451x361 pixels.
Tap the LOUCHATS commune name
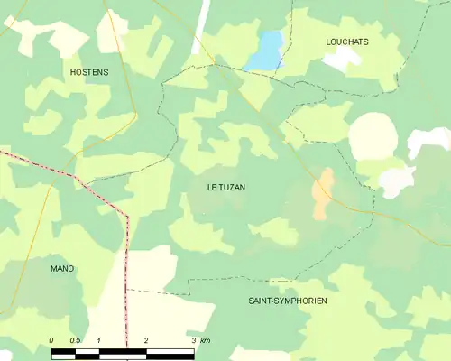(x=347, y=42)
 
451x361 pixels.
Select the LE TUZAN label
(x=225, y=188)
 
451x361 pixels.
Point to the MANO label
(x=62, y=269)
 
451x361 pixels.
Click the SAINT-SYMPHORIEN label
(x=287, y=300)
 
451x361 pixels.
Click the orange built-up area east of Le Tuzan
(x=322, y=192)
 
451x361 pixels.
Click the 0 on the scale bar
(x=52, y=340)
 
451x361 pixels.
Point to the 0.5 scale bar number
(x=76, y=340)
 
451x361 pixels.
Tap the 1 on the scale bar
(x=98, y=340)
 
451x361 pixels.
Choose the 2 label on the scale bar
(x=146, y=340)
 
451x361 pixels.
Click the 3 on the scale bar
(x=194, y=340)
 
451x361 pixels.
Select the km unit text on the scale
(x=206, y=340)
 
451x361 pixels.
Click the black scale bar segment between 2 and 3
(x=170, y=353)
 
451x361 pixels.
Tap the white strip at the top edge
(x=200, y=23)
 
